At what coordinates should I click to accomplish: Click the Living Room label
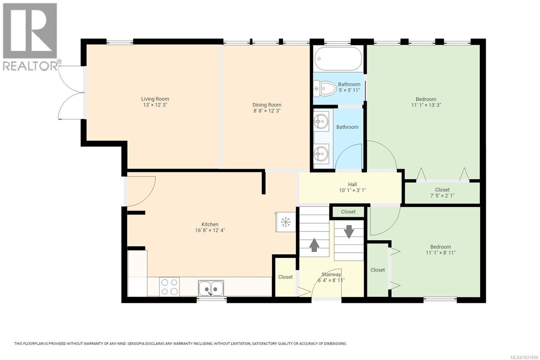[x=155, y=99]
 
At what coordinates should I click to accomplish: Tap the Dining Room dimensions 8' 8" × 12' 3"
[x=267, y=110]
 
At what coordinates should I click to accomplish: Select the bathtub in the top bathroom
[x=338, y=58]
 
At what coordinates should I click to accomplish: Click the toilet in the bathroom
[x=326, y=88]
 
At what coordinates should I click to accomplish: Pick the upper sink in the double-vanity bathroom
[x=321, y=122]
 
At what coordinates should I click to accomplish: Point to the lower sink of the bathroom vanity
[x=321, y=155]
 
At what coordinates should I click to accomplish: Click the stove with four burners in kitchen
[x=169, y=286]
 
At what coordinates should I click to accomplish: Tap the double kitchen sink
[x=211, y=288]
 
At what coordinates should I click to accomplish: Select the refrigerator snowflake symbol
[x=286, y=222]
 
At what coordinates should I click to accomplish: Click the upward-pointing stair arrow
[x=314, y=245]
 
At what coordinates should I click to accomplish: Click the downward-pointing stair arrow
[x=349, y=232]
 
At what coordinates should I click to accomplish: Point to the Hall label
[x=352, y=184]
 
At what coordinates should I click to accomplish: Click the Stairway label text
[x=331, y=275]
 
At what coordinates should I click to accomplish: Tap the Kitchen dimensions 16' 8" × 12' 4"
[x=210, y=230]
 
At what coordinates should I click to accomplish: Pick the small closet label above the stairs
[x=348, y=212]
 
